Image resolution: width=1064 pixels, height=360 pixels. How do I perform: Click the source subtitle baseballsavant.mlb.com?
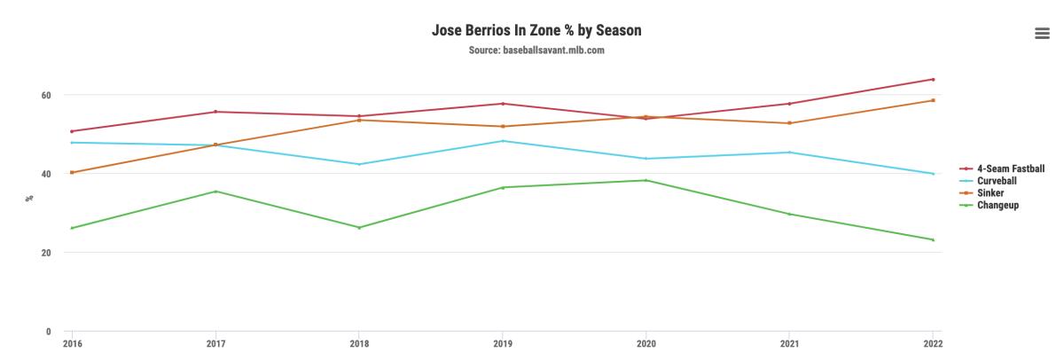click(536, 50)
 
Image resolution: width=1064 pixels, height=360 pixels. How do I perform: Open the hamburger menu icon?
click(1042, 33)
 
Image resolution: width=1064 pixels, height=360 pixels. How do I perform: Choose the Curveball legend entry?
click(997, 180)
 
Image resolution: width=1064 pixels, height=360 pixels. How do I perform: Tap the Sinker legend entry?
click(991, 192)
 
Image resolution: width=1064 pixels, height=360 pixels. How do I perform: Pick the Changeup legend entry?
click(997, 205)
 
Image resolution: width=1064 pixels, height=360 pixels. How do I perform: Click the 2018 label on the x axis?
click(358, 344)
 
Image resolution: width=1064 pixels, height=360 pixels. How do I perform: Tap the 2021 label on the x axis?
click(789, 344)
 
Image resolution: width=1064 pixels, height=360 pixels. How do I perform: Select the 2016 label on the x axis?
click(71, 344)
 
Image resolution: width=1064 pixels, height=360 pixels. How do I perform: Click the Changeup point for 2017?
click(215, 192)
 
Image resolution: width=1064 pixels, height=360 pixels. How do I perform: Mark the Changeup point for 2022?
click(933, 239)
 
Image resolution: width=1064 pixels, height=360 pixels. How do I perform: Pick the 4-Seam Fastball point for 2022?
click(933, 79)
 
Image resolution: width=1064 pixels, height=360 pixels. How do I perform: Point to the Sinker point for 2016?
click(71, 172)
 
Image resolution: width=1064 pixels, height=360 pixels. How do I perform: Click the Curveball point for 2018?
click(358, 164)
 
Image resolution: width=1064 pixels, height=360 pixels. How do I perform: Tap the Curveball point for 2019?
click(502, 141)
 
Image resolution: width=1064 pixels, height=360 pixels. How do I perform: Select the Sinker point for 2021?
click(789, 123)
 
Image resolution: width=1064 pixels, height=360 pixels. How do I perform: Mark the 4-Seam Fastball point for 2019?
click(502, 104)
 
